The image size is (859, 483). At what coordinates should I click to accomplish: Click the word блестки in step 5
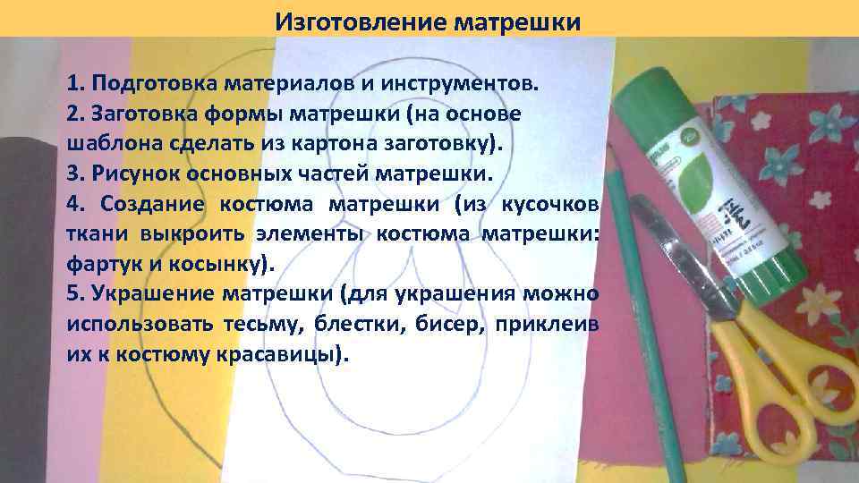point(364,324)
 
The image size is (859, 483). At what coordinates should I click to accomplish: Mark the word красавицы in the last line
point(280,354)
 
